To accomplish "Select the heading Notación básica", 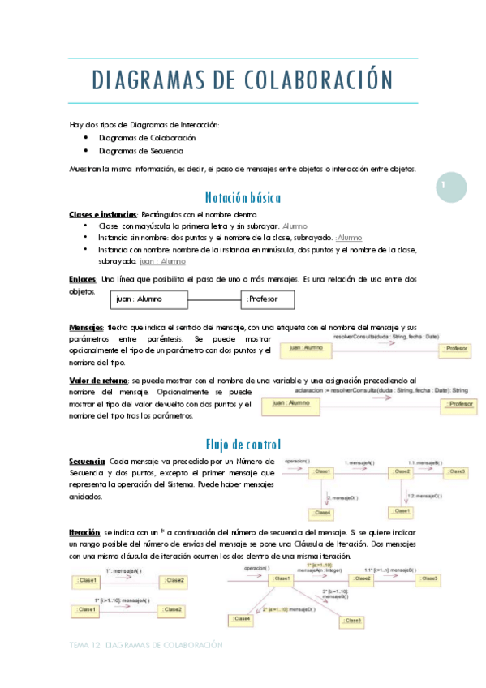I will point(243,197).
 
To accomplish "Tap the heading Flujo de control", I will point(243,444).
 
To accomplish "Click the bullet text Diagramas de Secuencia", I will point(140,151).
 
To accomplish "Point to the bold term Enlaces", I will point(84,278).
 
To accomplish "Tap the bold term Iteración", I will point(85,531).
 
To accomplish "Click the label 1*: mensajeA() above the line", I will point(123,571).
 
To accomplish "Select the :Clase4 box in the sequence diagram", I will point(321,512).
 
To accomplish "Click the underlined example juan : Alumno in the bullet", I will point(162,262).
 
